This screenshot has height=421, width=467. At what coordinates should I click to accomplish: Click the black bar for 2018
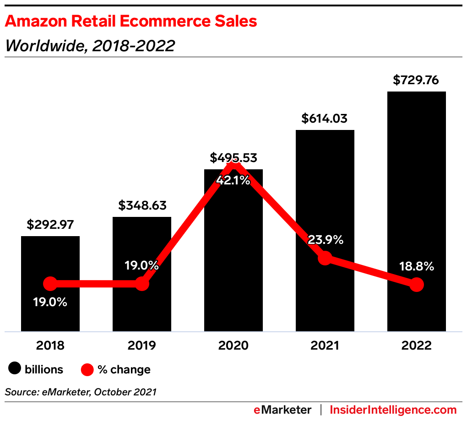50,256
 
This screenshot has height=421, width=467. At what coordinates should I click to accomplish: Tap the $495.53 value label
233,158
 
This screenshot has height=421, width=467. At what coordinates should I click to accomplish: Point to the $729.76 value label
416,81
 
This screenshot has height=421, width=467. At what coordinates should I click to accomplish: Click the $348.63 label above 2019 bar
142,205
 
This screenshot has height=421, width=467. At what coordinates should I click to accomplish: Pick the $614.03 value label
325,119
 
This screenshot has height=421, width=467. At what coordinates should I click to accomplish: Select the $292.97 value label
50,225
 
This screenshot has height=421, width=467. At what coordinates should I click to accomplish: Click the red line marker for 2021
325,258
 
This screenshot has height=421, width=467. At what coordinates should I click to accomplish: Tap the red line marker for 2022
416,285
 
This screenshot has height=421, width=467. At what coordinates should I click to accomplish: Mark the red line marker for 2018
50,284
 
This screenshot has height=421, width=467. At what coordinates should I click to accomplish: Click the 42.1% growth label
233,180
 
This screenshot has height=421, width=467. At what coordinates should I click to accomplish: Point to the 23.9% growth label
325,240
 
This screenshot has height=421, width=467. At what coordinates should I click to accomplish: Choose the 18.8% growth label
416,267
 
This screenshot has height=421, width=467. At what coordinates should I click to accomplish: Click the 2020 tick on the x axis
233,345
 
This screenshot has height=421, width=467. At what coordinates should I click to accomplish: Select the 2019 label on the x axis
142,345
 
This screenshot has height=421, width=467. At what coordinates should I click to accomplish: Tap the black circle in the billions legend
15,369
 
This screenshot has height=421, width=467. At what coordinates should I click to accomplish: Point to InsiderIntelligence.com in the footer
393,410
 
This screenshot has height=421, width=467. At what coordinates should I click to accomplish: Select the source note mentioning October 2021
81,392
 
